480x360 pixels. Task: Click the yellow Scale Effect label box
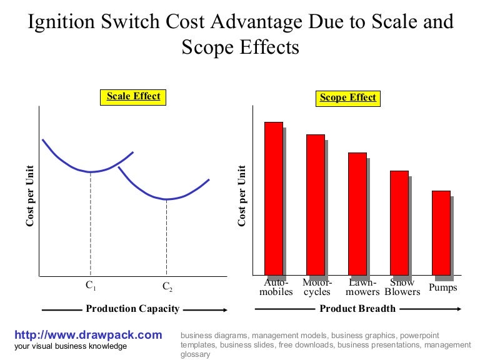tap(133, 97)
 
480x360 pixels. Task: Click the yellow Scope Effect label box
tap(347, 97)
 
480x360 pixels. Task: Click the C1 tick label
tap(91, 286)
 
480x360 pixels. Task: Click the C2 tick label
tap(167, 287)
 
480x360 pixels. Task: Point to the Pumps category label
tap(443, 287)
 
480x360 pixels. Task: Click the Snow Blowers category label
tap(402, 287)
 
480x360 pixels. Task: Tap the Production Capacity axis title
tap(132, 309)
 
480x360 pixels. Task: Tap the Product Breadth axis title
tap(357, 309)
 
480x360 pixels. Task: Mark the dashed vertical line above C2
tap(167, 237)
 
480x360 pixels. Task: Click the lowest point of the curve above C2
tap(167, 199)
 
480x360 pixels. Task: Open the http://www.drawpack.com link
tap(87, 335)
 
